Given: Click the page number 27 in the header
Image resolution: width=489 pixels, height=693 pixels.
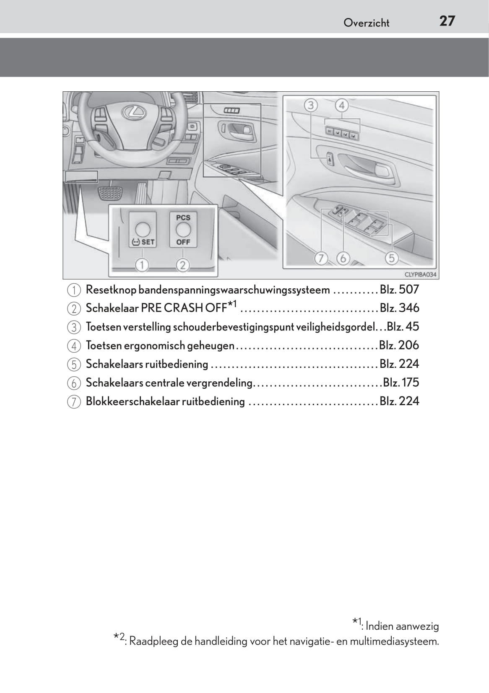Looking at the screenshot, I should point(447,21).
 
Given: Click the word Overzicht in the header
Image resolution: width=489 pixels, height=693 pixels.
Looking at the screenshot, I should point(366,23).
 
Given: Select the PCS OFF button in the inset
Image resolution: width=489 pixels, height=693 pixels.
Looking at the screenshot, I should point(183,230).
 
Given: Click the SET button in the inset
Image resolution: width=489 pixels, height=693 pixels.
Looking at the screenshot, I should point(143,230).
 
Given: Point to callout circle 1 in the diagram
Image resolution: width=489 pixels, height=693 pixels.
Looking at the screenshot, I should point(143,265).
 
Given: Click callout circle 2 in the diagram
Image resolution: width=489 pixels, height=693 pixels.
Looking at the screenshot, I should point(183,265).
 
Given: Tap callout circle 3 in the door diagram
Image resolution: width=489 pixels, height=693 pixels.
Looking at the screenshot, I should point(311,105).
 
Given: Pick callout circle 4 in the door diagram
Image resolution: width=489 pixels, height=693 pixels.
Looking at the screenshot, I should point(342,105).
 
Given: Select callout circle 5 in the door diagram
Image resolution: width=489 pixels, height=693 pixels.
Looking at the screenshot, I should point(392,258).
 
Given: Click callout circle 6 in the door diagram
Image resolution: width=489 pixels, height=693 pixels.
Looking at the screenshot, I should point(343,259).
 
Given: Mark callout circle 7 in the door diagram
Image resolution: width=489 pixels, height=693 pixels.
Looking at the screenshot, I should point(321,259).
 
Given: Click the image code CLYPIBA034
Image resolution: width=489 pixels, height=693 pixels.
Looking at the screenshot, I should point(420,275).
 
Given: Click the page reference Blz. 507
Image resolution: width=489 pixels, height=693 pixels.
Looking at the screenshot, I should point(399,290).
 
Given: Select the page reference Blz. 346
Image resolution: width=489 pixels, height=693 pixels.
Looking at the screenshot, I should point(399,308).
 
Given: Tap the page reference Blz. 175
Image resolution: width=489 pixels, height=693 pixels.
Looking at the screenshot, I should point(401,383).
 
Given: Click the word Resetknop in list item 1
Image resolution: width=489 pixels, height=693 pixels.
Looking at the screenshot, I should point(111,290).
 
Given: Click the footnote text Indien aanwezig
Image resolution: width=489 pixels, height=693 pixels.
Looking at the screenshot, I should point(402,626).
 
